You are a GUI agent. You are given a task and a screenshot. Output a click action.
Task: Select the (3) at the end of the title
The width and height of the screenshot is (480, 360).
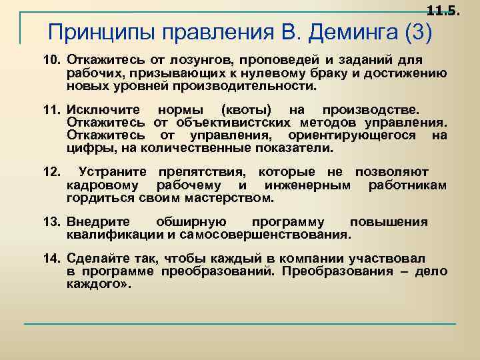tap(417, 32)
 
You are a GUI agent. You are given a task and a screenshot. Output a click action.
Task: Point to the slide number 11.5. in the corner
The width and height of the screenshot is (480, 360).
tap(443, 9)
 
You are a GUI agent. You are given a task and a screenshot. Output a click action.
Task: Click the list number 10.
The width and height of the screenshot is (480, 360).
tap(52, 61)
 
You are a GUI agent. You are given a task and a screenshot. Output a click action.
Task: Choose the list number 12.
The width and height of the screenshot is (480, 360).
tap(52, 173)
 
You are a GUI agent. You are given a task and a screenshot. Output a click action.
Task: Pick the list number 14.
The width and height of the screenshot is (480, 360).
tap(52, 258)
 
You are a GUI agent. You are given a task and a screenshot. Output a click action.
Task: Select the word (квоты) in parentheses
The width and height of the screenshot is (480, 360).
tap(244, 109)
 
